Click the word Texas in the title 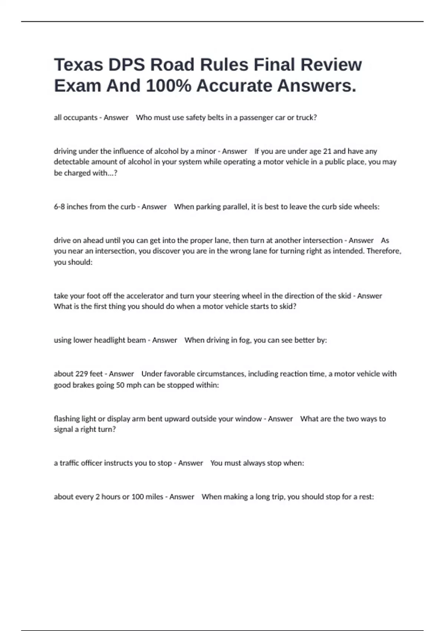coord(78,65)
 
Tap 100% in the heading coord(168,86)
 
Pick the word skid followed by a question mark coord(289,307)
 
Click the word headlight coord(113,340)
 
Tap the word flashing coord(67,419)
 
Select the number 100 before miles coord(138,497)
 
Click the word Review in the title coord(331,65)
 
